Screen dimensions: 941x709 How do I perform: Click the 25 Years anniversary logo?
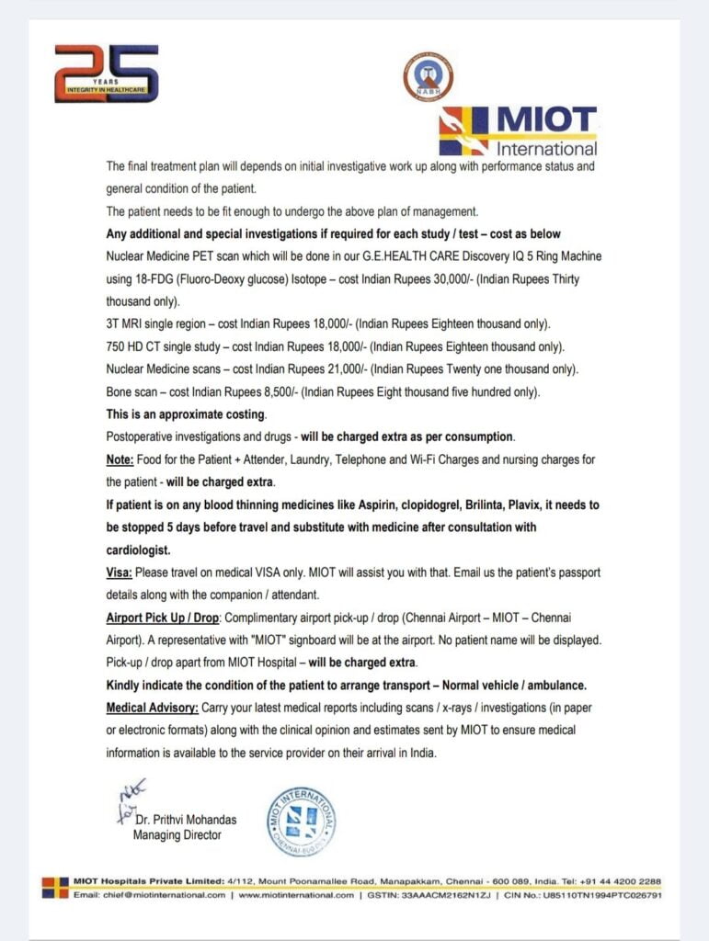tap(106, 74)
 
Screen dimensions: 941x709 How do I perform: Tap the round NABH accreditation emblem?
tap(428, 77)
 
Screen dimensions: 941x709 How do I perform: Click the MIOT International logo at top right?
tap(518, 130)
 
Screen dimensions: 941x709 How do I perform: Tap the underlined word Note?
tap(123, 459)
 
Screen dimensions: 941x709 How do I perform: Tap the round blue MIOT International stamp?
tap(301, 819)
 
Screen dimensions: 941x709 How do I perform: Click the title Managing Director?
tap(177, 835)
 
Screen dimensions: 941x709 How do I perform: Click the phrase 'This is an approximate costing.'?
tap(187, 414)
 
